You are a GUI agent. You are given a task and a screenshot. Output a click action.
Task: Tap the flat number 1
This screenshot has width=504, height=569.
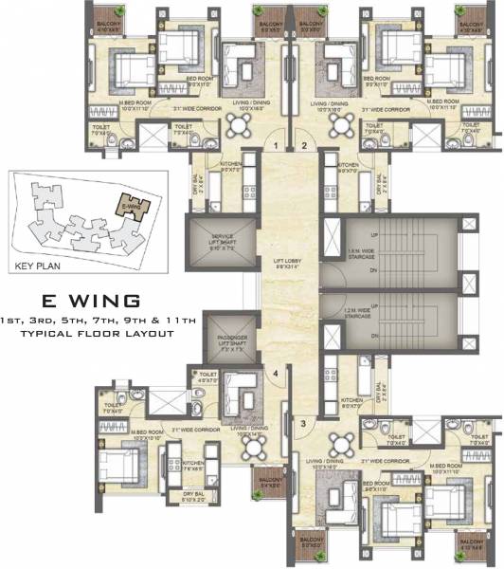click(x=275, y=146)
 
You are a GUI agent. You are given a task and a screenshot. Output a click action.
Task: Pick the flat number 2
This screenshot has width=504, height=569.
click(x=303, y=146)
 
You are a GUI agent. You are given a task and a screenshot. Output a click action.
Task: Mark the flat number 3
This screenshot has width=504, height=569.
click(x=303, y=423)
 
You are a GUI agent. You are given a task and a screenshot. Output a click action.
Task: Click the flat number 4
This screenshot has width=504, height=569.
click(x=276, y=372)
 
